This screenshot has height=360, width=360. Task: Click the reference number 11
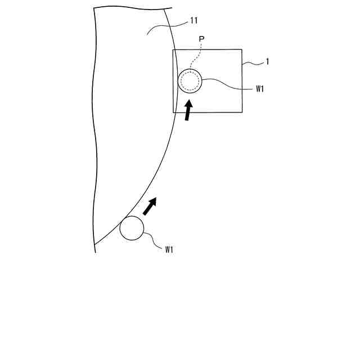click(194, 21)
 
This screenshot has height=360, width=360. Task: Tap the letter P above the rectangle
click(201, 39)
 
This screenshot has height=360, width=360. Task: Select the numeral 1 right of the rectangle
click(267, 62)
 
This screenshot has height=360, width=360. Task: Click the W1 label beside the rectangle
click(260, 88)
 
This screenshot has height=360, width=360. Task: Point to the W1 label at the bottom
click(169, 249)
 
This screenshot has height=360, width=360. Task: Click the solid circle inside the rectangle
click(190, 82)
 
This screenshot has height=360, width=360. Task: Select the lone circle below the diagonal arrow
click(132, 228)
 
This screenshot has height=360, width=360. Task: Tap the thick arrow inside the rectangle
click(188, 109)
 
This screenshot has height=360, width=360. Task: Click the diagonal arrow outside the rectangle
click(150, 206)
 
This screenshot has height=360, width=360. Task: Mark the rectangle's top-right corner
click(242, 49)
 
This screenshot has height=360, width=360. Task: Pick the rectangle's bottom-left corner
click(173, 112)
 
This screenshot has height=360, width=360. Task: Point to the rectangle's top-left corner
click(173, 50)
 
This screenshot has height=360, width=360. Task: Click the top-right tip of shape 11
click(171, 7)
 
